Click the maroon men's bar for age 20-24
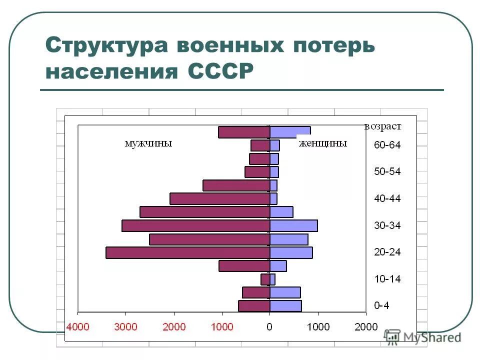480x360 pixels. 187,252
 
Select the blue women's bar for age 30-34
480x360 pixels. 293,225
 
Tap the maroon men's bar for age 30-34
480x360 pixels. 195,225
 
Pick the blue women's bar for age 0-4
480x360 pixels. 285,305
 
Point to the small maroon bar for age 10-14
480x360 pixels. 265,279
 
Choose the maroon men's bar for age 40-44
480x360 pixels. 219,198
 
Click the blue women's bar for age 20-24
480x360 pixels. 291,252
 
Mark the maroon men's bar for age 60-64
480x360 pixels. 260,145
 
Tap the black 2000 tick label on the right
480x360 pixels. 366,327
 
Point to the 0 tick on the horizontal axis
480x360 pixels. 269,327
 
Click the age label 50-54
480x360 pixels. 387,172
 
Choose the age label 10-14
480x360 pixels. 387,279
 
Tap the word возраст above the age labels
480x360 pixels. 382,126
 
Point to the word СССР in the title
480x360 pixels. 220,71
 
